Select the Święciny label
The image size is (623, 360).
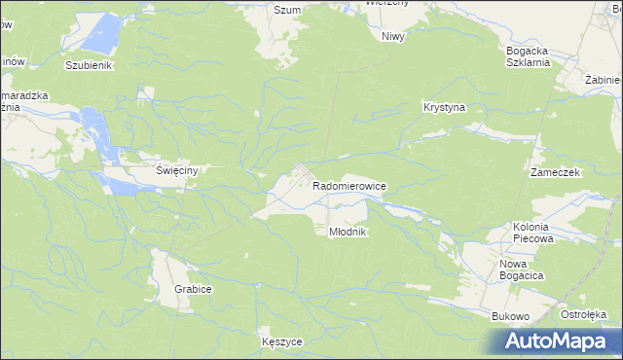[178, 170]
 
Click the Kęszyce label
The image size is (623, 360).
[282, 342]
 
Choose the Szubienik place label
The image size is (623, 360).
[90, 65]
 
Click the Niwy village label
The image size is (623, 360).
[393, 36]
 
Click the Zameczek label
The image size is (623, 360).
[555, 171]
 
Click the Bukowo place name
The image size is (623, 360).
[510, 316]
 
